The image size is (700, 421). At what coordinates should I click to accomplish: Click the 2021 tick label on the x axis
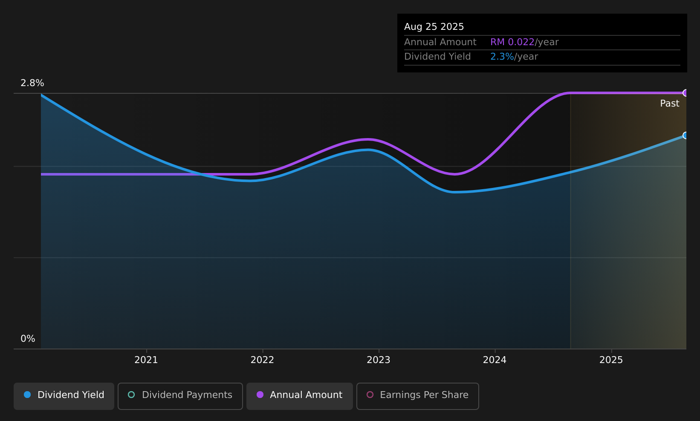(x=146, y=360)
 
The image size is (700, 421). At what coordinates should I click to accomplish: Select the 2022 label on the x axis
(x=262, y=360)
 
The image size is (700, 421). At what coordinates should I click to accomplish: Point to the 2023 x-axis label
(x=379, y=360)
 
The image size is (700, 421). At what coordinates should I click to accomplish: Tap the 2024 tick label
(x=495, y=360)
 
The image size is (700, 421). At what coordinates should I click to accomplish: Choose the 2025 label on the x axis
(x=611, y=360)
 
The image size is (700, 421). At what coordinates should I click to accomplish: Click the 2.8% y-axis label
(x=32, y=83)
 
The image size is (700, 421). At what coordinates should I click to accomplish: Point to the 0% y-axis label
(x=28, y=339)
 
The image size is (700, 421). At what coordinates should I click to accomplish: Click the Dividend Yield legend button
(x=64, y=396)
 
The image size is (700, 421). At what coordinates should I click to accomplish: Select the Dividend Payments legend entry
(x=180, y=396)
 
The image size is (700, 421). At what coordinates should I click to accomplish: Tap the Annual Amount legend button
(x=300, y=396)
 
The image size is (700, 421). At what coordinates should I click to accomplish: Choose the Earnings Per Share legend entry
(x=418, y=396)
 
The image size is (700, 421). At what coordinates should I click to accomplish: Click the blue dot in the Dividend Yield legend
(x=28, y=395)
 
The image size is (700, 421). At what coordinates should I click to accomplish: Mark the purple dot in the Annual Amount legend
(x=260, y=395)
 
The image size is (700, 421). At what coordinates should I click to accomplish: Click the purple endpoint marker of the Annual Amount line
(x=686, y=93)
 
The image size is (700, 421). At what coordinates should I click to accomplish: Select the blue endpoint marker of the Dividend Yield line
(x=686, y=136)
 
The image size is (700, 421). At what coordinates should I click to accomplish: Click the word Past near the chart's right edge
(x=669, y=104)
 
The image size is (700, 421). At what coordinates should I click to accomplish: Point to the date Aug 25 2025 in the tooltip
(x=434, y=27)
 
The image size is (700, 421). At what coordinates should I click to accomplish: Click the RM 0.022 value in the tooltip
(x=512, y=42)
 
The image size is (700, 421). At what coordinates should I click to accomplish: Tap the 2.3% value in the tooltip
(x=502, y=57)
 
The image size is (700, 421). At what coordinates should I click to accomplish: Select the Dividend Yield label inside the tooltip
(x=437, y=57)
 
